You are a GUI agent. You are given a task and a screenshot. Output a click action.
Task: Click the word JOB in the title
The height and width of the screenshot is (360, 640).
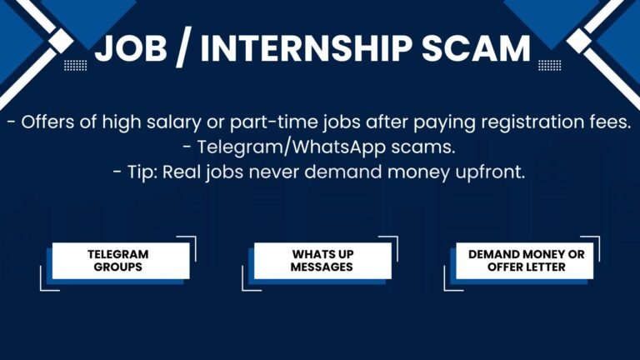tap(131, 48)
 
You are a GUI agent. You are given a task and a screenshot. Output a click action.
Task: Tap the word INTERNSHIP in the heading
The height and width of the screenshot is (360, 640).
tap(306, 48)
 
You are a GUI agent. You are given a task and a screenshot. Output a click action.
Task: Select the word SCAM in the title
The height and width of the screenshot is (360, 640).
tap(476, 48)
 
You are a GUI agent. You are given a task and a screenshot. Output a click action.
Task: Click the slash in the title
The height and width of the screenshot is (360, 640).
tap(184, 49)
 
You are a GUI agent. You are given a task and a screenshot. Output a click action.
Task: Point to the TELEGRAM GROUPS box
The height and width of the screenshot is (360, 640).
tap(121, 261)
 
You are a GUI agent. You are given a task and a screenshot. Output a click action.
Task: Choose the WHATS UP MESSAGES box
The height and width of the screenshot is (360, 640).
tap(322, 261)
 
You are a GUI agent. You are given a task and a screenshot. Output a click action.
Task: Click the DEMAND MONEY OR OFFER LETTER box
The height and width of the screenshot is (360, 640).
tap(524, 261)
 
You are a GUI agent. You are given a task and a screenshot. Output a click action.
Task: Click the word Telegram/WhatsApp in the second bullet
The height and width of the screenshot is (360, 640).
tap(292, 147)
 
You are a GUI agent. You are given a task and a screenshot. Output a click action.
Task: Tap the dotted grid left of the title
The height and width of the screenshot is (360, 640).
tap(76, 65)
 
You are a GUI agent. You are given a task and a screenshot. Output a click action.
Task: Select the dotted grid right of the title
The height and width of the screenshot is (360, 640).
tap(550, 65)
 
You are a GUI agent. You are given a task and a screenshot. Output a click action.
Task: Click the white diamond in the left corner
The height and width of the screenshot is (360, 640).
tap(61, 41)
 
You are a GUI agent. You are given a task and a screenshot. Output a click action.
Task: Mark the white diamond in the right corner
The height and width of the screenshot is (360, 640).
tap(579, 41)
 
